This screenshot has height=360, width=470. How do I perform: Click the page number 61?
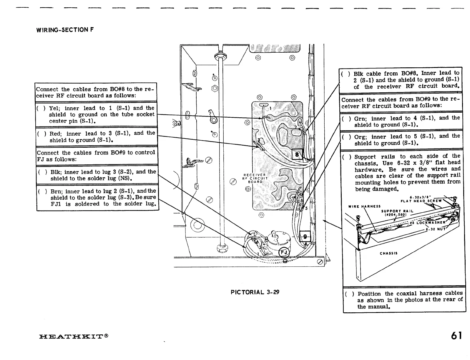(456, 336)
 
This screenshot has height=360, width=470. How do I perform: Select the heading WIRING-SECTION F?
(65, 30)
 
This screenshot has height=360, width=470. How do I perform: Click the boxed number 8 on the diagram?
(297, 154)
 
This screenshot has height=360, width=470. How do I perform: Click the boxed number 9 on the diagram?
(305, 236)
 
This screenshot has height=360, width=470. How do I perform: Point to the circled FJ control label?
(284, 252)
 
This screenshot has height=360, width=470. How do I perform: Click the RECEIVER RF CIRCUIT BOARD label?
(255, 178)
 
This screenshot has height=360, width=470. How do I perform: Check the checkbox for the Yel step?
(41, 108)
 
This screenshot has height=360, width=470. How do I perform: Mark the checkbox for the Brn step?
(42, 191)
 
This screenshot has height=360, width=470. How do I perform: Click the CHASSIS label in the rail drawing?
(388, 253)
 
